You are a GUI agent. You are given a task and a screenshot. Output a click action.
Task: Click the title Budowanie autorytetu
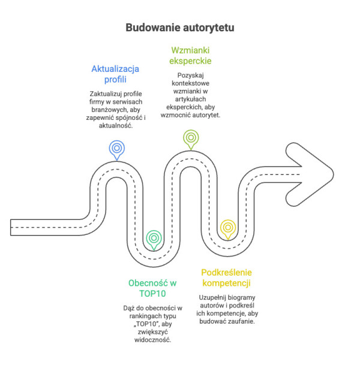click(180, 28)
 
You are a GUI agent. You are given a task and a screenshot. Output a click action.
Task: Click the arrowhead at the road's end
click(310, 174)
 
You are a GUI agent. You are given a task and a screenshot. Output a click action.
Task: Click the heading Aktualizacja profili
click(115, 74)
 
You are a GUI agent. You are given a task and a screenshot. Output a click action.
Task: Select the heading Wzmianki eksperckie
click(190, 55)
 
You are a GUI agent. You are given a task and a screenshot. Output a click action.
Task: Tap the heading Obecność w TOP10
click(152, 288)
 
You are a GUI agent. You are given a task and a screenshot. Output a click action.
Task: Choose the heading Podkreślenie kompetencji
click(226, 277)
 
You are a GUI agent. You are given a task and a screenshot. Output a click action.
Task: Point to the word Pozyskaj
click(190, 76)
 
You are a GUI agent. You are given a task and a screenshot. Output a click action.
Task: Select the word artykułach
click(190, 99)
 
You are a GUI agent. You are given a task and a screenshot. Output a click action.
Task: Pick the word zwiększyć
click(152, 332)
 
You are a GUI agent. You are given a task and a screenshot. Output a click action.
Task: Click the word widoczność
click(152, 340)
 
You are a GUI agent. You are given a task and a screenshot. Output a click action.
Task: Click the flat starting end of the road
click(10, 227)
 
